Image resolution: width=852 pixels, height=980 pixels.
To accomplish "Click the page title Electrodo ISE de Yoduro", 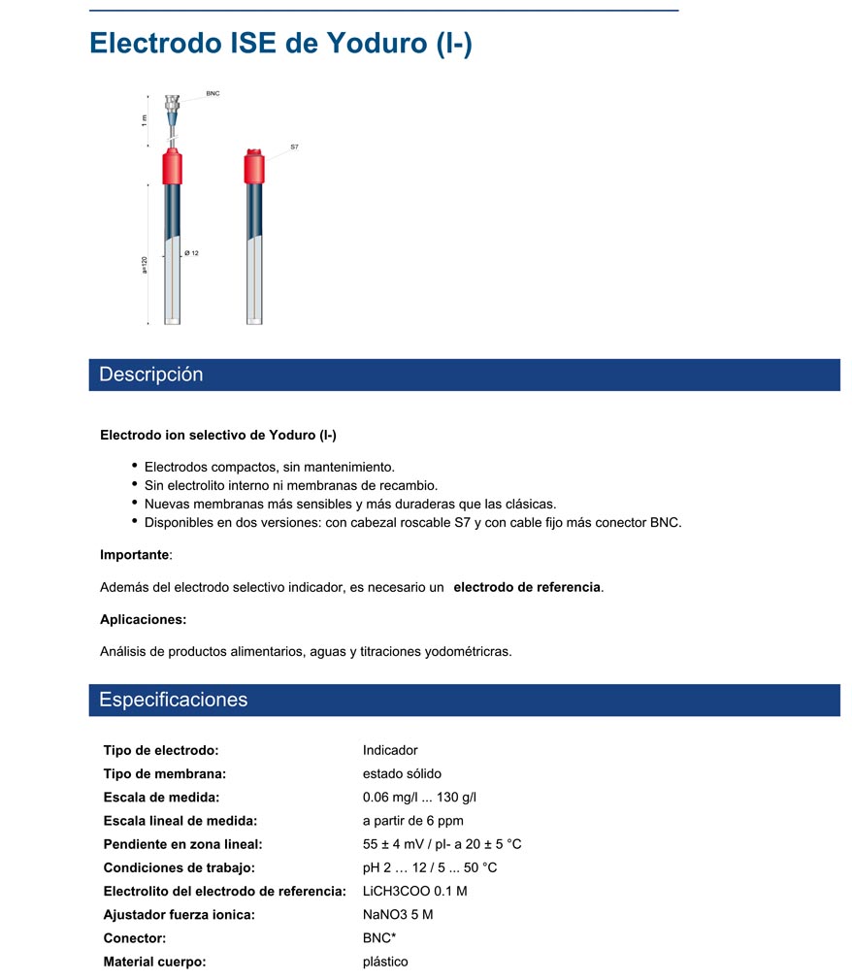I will pyautogui.click(x=280, y=44).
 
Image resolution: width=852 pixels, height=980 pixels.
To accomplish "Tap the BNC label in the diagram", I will pyautogui.click(x=213, y=94).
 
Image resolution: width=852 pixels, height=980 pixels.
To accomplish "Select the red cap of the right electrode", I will pyautogui.click(x=254, y=166).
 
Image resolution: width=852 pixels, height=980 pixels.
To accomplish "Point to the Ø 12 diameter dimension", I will pyautogui.click(x=191, y=253).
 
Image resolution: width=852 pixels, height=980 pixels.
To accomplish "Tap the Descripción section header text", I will pyautogui.click(x=151, y=375).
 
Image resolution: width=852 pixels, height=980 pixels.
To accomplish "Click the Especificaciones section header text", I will pyautogui.click(x=174, y=700).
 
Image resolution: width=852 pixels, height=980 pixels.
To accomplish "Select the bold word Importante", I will pyautogui.click(x=135, y=555).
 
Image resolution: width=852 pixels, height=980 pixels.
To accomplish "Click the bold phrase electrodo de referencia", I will pyautogui.click(x=527, y=587).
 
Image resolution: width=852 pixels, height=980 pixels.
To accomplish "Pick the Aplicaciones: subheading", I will pyautogui.click(x=143, y=619).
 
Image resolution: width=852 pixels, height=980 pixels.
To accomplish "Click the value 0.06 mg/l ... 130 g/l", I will pyautogui.click(x=419, y=798).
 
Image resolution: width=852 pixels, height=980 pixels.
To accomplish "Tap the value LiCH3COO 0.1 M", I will pyautogui.click(x=414, y=891).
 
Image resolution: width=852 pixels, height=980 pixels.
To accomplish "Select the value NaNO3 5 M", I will pyautogui.click(x=398, y=914).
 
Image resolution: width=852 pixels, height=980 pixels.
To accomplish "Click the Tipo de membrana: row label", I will pyautogui.click(x=164, y=774).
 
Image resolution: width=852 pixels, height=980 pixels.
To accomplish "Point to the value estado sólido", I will pyautogui.click(x=402, y=774).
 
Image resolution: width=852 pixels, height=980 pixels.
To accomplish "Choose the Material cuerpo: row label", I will pyautogui.click(x=154, y=962).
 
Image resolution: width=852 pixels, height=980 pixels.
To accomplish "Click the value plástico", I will pyautogui.click(x=385, y=962).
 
